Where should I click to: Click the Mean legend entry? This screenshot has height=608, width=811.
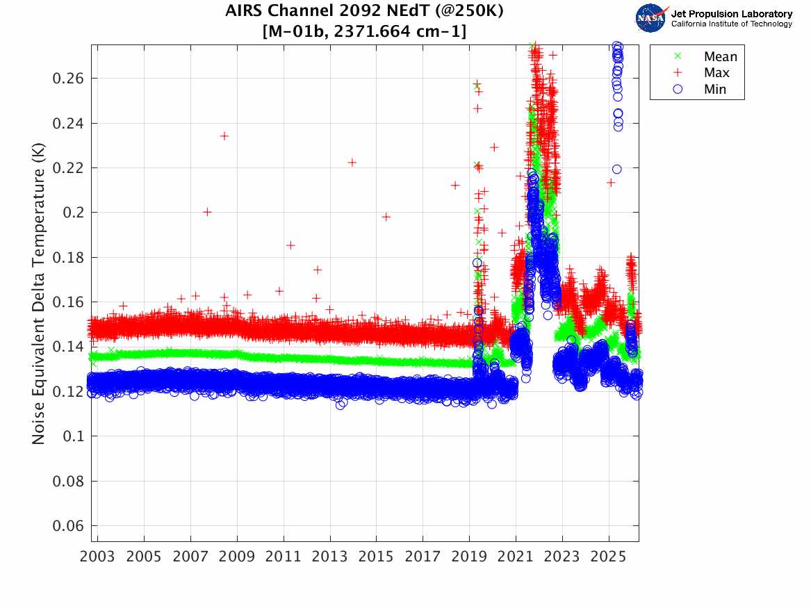pyautogui.click(x=719, y=57)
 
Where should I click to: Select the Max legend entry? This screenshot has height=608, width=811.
pyautogui.click(x=716, y=73)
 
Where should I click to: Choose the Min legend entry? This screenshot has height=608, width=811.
pyautogui.click(x=715, y=90)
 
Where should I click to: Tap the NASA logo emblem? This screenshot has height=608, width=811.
pyautogui.click(x=651, y=17)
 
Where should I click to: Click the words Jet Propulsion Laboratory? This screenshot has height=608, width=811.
pyautogui.click(x=731, y=13)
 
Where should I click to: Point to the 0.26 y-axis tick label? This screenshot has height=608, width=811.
pyautogui.click(x=68, y=79)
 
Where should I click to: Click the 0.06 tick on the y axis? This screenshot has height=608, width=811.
pyautogui.click(x=68, y=525)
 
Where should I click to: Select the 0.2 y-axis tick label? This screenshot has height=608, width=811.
pyautogui.click(x=72, y=213)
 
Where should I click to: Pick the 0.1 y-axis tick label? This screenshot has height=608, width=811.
pyautogui.click(x=72, y=436)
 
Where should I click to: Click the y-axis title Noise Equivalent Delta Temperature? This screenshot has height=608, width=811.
pyautogui.click(x=39, y=292)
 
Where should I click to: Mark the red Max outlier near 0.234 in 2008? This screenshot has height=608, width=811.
pyautogui.click(x=224, y=136)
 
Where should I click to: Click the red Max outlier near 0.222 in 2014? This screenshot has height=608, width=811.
pyautogui.click(x=352, y=163)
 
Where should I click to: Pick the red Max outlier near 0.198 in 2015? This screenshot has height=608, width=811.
pyautogui.click(x=386, y=217)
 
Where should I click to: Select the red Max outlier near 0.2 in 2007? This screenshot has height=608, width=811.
pyautogui.click(x=207, y=212)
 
